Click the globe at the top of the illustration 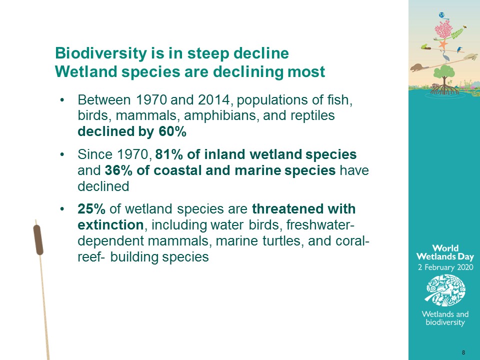(441, 15)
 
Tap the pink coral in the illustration (443, 30)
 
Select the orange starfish (442, 44)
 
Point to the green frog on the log (424, 46)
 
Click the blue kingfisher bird (459, 49)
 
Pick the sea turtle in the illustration (470, 56)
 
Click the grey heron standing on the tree (445, 56)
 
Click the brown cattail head (38, 239)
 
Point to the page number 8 (463, 352)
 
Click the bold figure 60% (172, 131)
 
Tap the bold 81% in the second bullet (168, 154)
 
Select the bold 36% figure (118, 170)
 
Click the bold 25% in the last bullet (91, 209)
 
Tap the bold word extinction (110, 225)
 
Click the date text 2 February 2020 (445, 267)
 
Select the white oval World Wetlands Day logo (445, 290)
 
